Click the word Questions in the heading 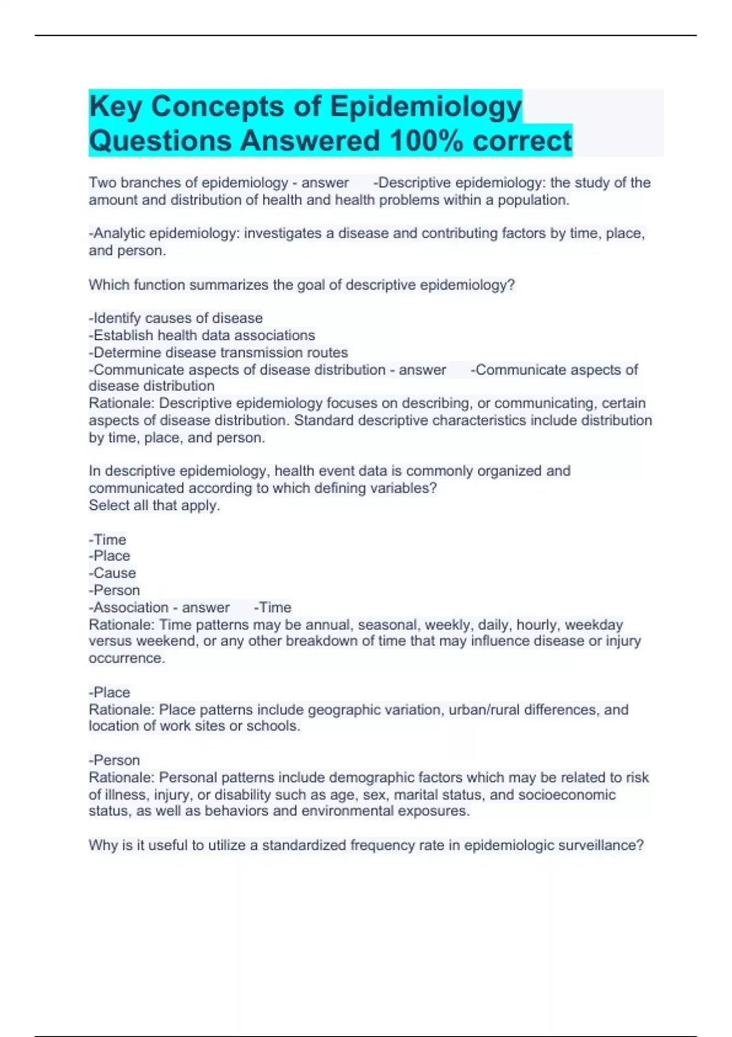coord(160,141)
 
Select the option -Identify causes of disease coord(176,318)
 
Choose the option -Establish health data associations coord(202,335)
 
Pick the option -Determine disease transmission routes coord(218,353)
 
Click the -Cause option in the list coord(112,573)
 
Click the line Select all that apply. coord(154,506)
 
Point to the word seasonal coord(387,625)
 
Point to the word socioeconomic coord(567,795)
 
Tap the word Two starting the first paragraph coord(102,183)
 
